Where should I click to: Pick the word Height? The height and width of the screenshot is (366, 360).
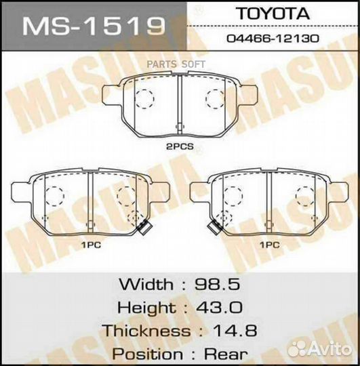coord(144,307)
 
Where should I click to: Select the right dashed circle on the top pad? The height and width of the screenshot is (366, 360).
coord(215,100)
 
